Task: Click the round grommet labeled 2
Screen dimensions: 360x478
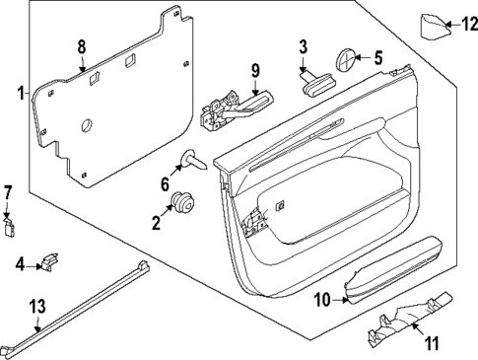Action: (x=180, y=204)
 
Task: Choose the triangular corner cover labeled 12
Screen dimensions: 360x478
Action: (x=434, y=24)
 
